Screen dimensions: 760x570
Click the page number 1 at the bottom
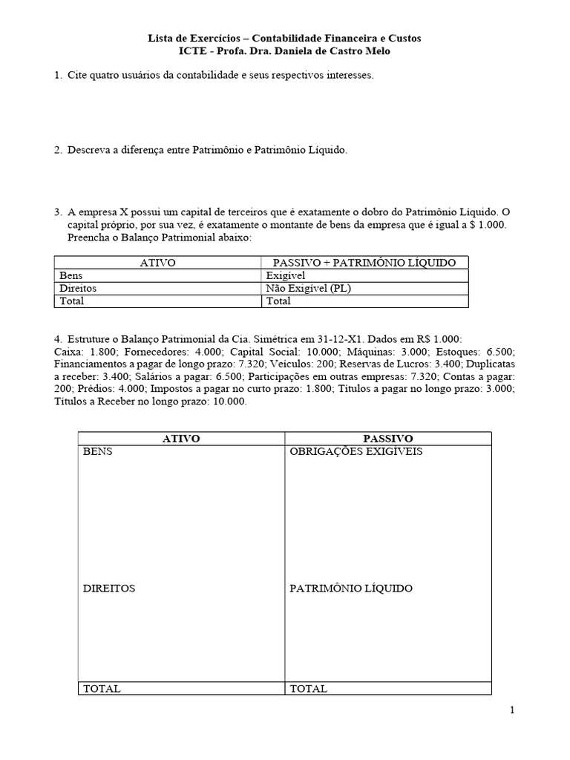(511, 710)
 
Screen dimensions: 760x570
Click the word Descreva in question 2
(90, 150)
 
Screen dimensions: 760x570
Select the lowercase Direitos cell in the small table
(78, 288)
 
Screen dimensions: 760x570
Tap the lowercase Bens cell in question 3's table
(71, 275)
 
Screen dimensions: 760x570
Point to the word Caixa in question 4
(68, 352)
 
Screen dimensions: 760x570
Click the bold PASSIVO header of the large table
(388, 439)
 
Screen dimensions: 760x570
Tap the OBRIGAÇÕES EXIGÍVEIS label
(356, 452)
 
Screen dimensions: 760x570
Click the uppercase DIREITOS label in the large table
(109, 588)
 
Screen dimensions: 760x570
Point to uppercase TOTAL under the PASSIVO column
(308, 688)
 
